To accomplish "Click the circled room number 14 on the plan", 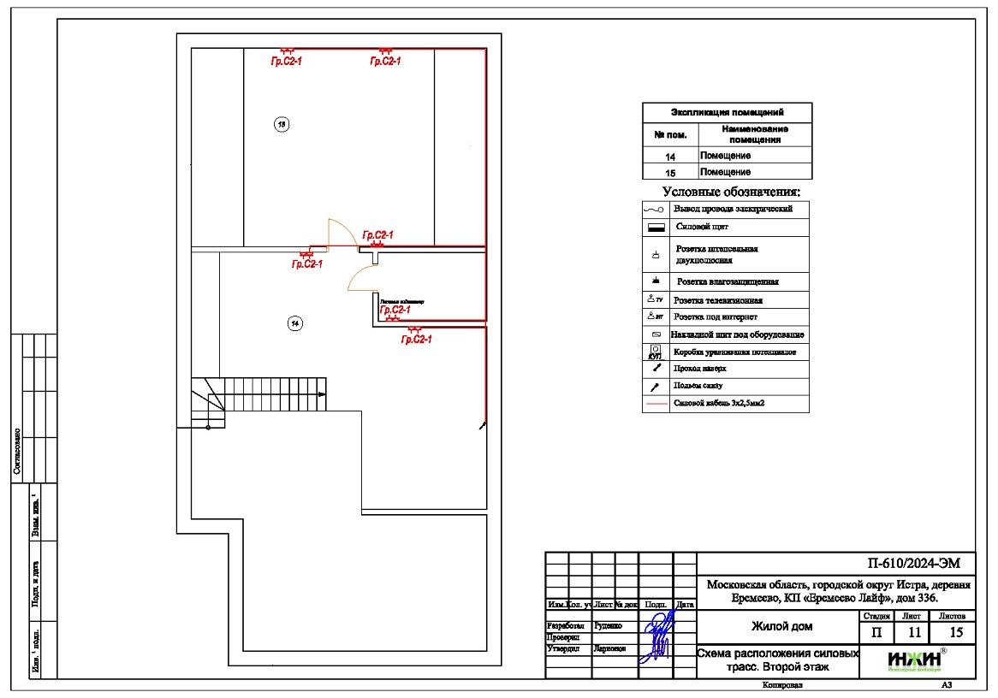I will click(294, 323).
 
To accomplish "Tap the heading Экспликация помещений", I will click(727, 112).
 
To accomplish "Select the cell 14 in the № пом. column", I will click(670, 157).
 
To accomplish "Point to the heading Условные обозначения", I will click(731, 192).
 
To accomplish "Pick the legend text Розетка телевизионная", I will click(717, 300).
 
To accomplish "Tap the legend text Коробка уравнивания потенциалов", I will click(735, 352).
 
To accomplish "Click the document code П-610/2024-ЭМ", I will click(908, 563).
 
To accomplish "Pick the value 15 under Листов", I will click(952, 632).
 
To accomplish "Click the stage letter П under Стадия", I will click(876, 632).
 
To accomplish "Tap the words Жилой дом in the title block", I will click(781, 627).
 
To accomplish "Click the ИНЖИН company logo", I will click(915, 660).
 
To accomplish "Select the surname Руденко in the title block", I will click(609, 625).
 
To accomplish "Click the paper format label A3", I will click(947, 685).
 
